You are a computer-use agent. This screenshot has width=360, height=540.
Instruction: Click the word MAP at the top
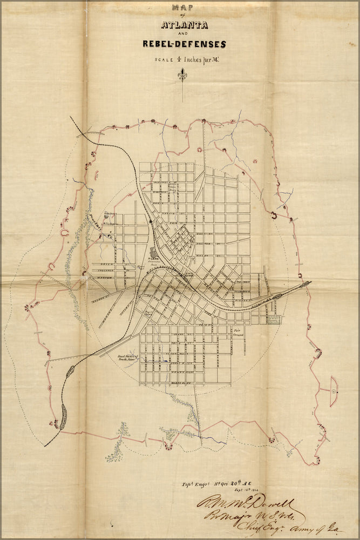click(182, 8)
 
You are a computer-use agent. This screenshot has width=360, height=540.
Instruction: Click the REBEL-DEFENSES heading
click(184, 44)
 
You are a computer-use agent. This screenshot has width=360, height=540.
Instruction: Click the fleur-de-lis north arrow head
click(183, 76)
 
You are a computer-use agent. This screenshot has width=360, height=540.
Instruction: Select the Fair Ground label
click(239, 332)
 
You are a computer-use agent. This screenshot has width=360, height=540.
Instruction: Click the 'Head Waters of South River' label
click(128, 357)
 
